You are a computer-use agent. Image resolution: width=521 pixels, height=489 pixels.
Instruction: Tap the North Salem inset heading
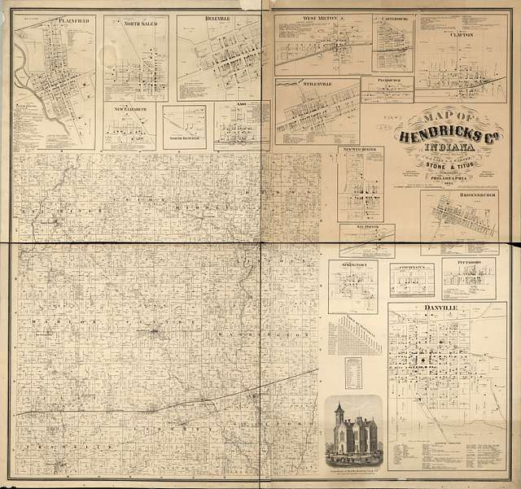[x=141, y=24]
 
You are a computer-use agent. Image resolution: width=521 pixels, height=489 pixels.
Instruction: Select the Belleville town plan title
[x=214, y=19]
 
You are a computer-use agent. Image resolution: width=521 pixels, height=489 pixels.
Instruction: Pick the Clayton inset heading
[x=460, y=35]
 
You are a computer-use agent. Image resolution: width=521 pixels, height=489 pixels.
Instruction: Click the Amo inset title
[x=242, y=107]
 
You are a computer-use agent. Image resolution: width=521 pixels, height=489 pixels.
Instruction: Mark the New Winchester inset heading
[x=359, y=151]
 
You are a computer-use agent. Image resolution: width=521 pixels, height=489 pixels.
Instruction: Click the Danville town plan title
[x=440, y=308]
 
